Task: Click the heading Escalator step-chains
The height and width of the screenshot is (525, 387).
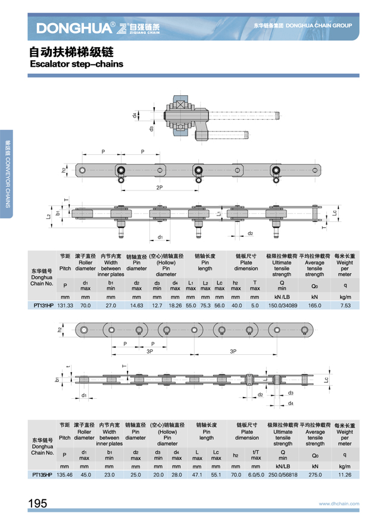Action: (76, 62)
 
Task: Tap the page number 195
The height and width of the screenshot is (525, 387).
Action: (37, 504)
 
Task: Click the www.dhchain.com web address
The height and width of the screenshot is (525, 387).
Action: (339, 504)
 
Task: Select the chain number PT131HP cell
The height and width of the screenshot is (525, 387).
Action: (41, 305)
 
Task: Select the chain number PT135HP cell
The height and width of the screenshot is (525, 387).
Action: (41, 476)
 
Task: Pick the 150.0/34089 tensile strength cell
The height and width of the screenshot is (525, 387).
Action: (282, 305)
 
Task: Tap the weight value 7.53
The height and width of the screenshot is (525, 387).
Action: (345, 305)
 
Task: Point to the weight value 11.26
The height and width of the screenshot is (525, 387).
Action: (345, 476)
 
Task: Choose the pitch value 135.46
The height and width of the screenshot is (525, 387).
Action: (64, 476)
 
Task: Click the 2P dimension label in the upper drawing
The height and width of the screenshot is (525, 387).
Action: (160, 187)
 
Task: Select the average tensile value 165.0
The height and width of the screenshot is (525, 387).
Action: (314, 305)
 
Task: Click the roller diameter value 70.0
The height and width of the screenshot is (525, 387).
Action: (85, 305)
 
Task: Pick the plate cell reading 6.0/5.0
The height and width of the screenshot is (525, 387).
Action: (255, 476)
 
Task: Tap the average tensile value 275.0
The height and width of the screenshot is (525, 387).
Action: (315, 476)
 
